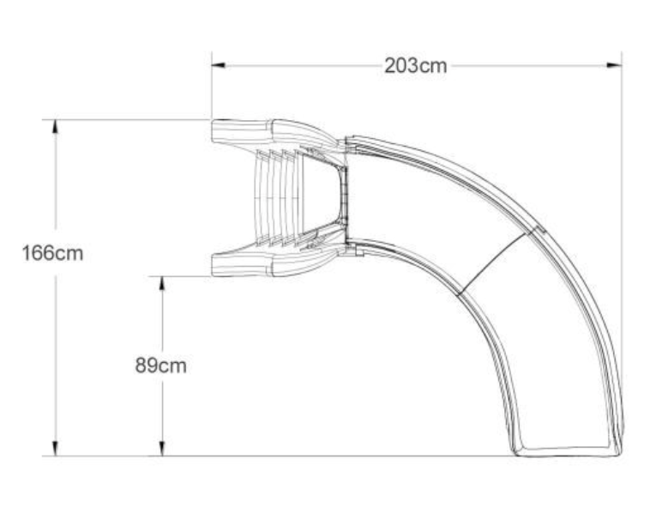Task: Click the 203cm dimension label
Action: click(415, 66)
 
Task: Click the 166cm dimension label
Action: click(53, 254)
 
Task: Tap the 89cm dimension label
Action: click(160, 365)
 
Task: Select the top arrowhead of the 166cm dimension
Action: click(56, 125)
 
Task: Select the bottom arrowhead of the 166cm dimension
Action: click(56, 449)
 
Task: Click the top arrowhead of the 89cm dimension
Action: click(161, 282)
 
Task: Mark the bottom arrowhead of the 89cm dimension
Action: click(161, 449)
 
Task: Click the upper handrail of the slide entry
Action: click(257, 131)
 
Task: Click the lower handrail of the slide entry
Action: click(257, 264)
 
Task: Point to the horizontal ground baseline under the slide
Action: click(343, 456)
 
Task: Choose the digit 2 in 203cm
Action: click(389, 66)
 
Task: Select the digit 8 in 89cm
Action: click(141, 365)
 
